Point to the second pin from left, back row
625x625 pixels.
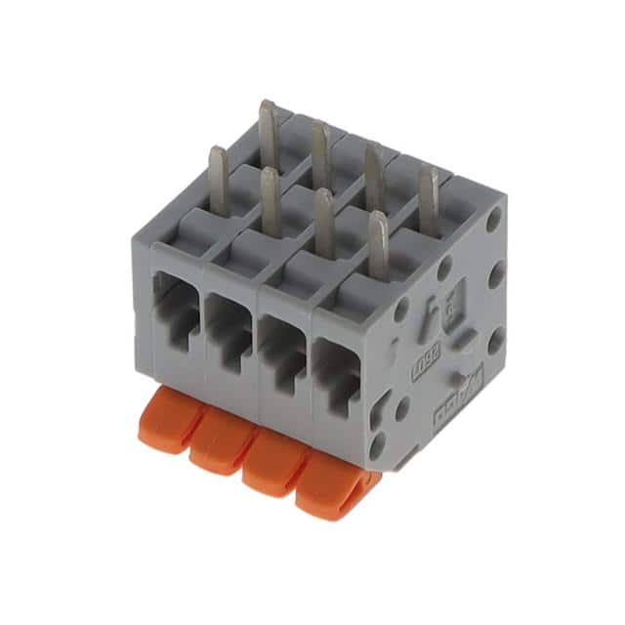[x=319, y=151]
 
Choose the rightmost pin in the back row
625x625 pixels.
[x=427, y=197]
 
